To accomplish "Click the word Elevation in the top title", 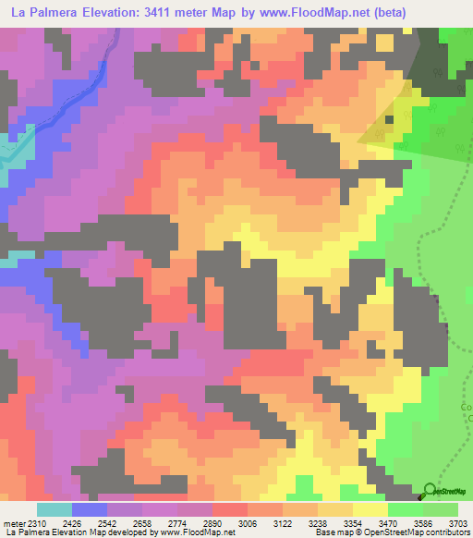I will click(119, 12).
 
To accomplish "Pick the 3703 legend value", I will click(458, 523).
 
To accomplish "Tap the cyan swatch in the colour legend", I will click(55, 509).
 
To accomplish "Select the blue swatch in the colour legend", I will click(90, 509).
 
